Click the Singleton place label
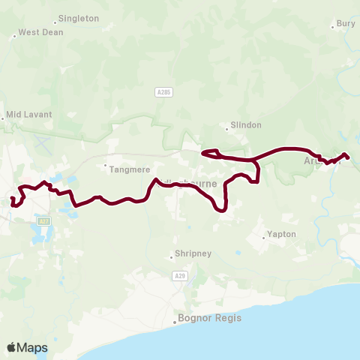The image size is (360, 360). tap(78, 18)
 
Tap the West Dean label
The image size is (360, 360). tap(39, 32)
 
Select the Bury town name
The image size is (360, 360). tap(346, 24)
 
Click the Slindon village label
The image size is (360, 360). tap(244, 126)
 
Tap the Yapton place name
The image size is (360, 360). tap(283, 234)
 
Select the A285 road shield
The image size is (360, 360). tap(164, 91)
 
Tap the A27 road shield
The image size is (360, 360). tap(43, 221)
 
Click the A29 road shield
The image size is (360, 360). tap(179, 276)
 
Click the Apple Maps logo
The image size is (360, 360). tap(27, 347)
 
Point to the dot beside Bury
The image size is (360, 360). tap(333, 27)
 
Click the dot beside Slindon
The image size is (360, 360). tap(227, 126)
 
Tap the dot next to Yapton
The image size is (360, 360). tap(264, 238)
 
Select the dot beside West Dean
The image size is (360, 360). tap(14, 35)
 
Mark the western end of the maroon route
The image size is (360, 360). tap(12, 199)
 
